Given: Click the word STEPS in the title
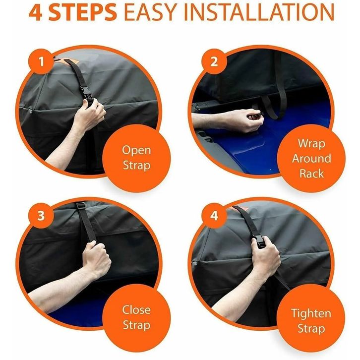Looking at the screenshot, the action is click(83, 12).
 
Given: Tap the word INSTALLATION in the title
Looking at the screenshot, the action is click(259, 12).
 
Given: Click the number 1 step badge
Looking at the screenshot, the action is click(41, 61).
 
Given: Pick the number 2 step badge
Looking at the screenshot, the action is click(214, 61).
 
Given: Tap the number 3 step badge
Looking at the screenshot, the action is click(41, 216).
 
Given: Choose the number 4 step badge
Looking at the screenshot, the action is click(214, 216).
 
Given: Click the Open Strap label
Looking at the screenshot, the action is click(136, 158).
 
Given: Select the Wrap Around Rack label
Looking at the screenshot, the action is click(311, 158).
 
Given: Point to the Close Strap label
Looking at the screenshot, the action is click(136, 317).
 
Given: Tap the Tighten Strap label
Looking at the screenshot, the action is click(311, 321).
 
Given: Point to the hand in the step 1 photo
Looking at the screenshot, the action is click(89, 115).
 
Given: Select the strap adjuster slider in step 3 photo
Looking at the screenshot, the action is click(81, 205).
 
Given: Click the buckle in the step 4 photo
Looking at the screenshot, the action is click(259, 241).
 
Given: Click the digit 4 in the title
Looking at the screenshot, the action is click(36, 12).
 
